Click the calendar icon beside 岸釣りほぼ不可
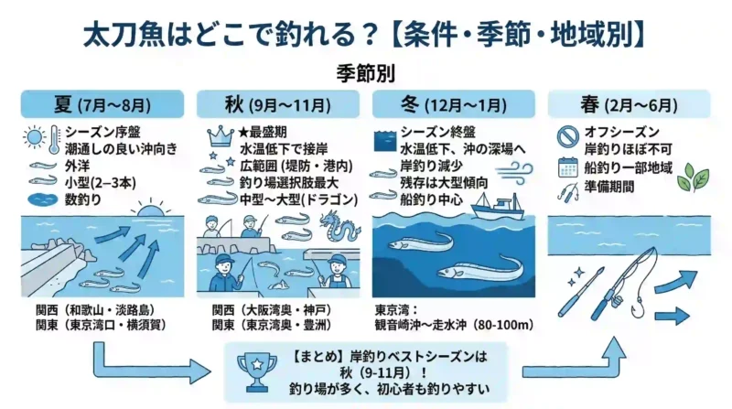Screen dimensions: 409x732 click(567, 167)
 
